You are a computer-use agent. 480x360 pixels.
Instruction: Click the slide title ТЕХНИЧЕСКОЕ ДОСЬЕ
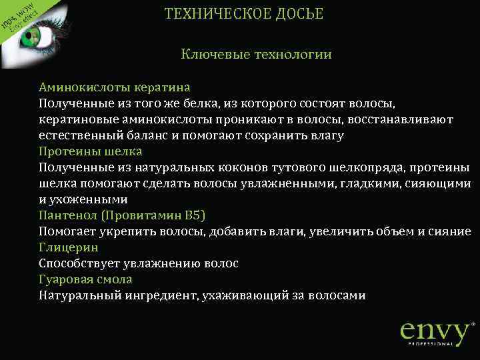[243, 14]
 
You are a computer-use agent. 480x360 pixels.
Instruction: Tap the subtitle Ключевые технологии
[256, 54]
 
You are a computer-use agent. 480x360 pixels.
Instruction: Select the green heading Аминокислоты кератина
[115, 87]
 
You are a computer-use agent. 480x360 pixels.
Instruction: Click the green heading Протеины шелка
[91, 151]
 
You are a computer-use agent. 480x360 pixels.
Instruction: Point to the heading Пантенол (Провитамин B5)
[122, 215]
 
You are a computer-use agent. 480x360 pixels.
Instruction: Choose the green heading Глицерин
[69, 247]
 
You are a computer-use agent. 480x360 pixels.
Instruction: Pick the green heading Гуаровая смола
[85, 279]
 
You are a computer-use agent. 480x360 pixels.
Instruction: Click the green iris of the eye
[30, 39]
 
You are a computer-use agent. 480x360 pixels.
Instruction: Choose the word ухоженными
[88, 199]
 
